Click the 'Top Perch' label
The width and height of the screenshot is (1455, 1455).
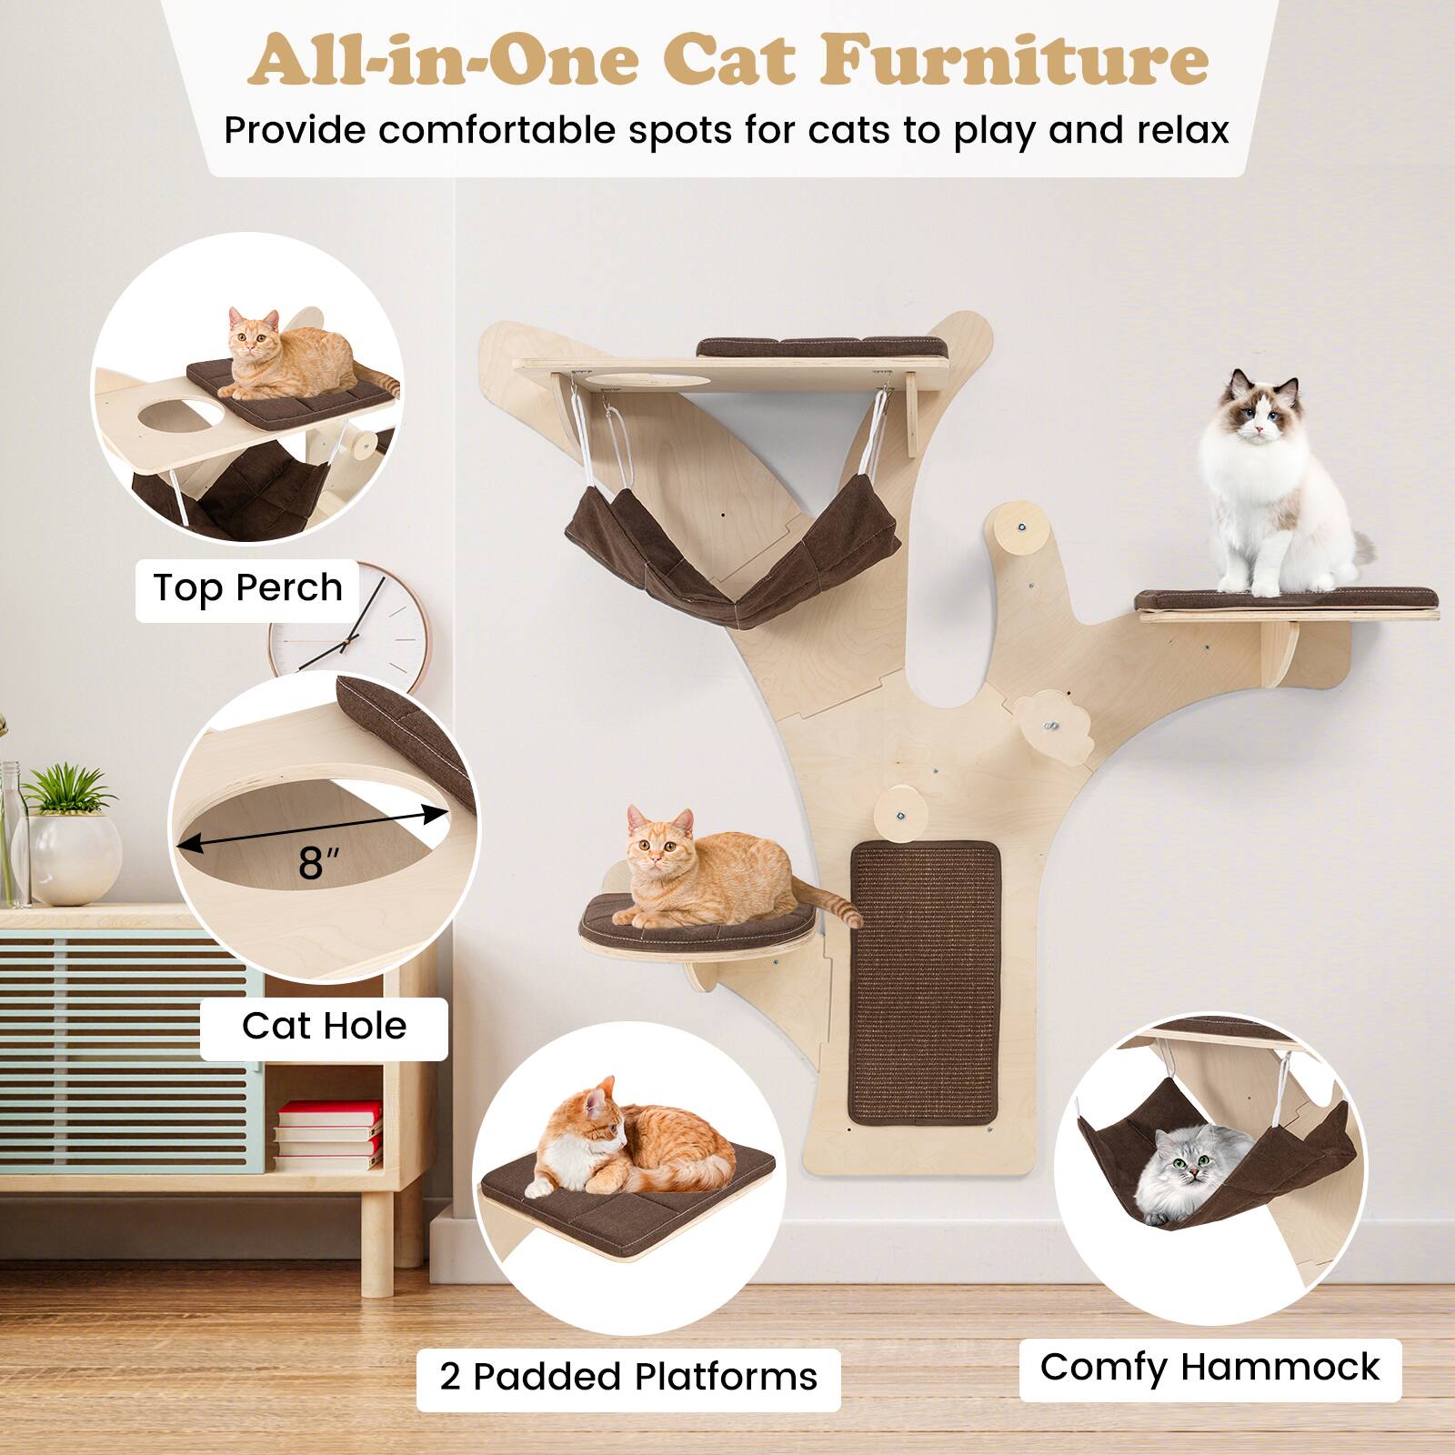click(x=247, y=588)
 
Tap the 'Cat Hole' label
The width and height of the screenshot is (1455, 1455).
click(x=324, y=1026)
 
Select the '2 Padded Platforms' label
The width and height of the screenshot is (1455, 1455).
click(x=628, y=1377)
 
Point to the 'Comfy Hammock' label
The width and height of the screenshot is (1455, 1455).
click(x=1209, y=1367)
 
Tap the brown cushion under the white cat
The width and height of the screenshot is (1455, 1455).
click(x=1286, y=598)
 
